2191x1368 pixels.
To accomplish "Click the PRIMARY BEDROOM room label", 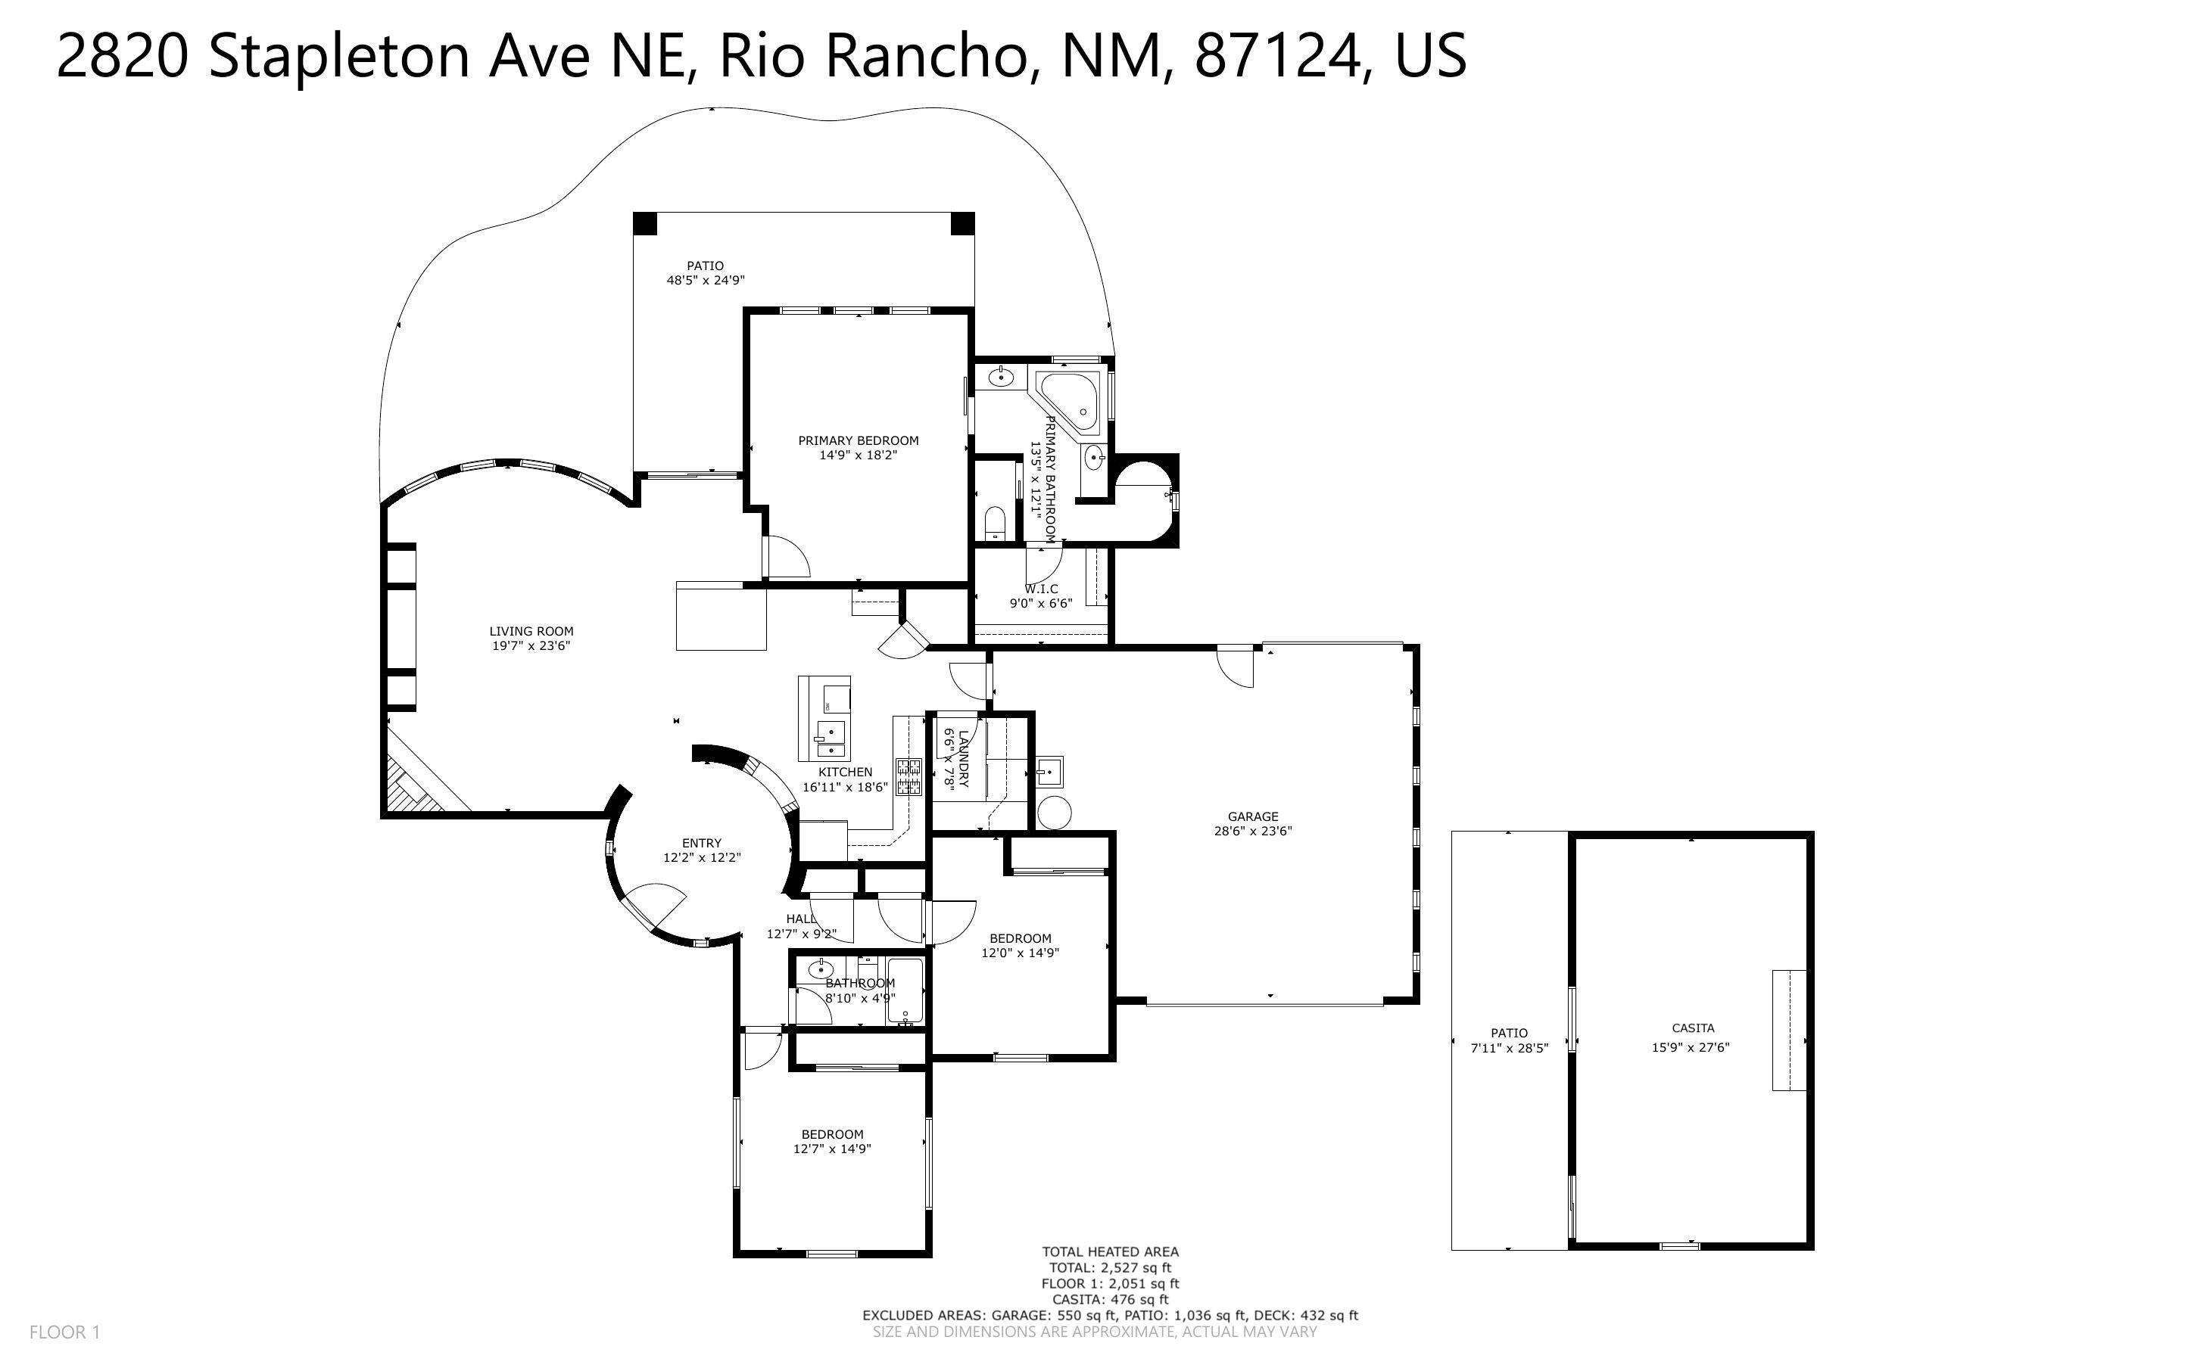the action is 858,440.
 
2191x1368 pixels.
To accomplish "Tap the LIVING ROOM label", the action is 531,632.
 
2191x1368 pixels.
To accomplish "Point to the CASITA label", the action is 1692,1028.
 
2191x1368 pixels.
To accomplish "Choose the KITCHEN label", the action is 845,772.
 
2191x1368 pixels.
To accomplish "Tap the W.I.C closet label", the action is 1042,589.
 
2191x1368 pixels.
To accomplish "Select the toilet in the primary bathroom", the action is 995,523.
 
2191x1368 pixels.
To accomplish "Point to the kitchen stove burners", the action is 909,777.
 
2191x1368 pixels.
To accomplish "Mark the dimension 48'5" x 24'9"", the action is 705,281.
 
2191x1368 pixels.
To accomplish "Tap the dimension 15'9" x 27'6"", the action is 1691,1048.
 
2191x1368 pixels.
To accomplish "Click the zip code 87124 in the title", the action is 1278,55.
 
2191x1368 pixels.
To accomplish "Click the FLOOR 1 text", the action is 64,1332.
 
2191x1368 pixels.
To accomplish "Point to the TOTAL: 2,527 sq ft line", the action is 1110,1267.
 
